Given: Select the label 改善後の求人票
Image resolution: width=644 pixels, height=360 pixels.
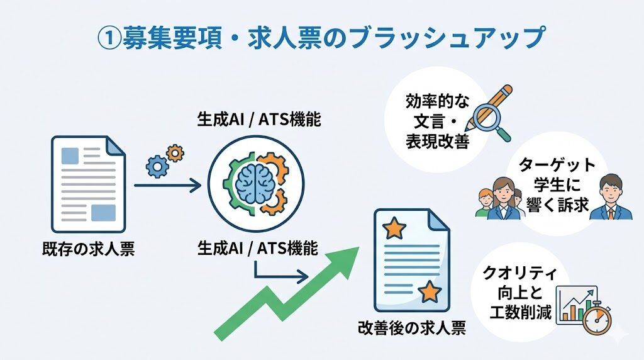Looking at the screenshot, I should (x=411, y=328).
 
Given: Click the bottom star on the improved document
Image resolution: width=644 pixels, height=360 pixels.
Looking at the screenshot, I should (x=430, y=291).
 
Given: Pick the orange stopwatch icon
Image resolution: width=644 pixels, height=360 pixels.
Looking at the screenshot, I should (x=596, y=318).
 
